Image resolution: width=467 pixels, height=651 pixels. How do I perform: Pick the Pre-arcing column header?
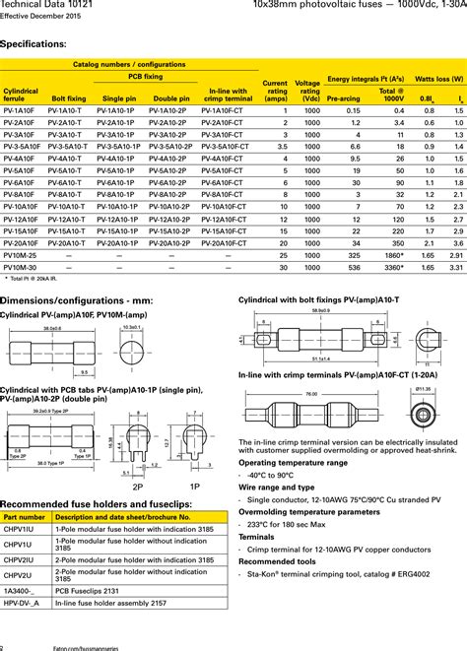pos(341,98)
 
